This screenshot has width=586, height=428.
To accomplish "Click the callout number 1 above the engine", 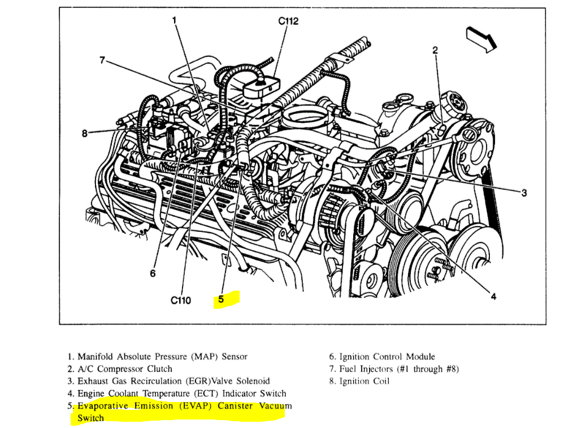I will coord(175,20).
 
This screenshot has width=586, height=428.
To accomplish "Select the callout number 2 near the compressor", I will coord(435,50).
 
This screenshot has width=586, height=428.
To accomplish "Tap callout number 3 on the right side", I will coord(524,193).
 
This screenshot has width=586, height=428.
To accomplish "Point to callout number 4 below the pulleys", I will coord(493,296).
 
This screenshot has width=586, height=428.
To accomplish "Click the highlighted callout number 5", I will coord(221,299).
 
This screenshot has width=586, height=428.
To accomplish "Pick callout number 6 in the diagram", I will coord(153,273).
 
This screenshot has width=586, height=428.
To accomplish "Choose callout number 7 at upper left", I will coord(102,60).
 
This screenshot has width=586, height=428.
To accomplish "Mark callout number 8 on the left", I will coord(85,133).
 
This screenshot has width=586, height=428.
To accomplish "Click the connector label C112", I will coord(288,21).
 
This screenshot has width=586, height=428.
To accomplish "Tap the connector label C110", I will coord(181,300).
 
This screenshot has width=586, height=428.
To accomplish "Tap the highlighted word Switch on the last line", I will coord(91,418).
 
